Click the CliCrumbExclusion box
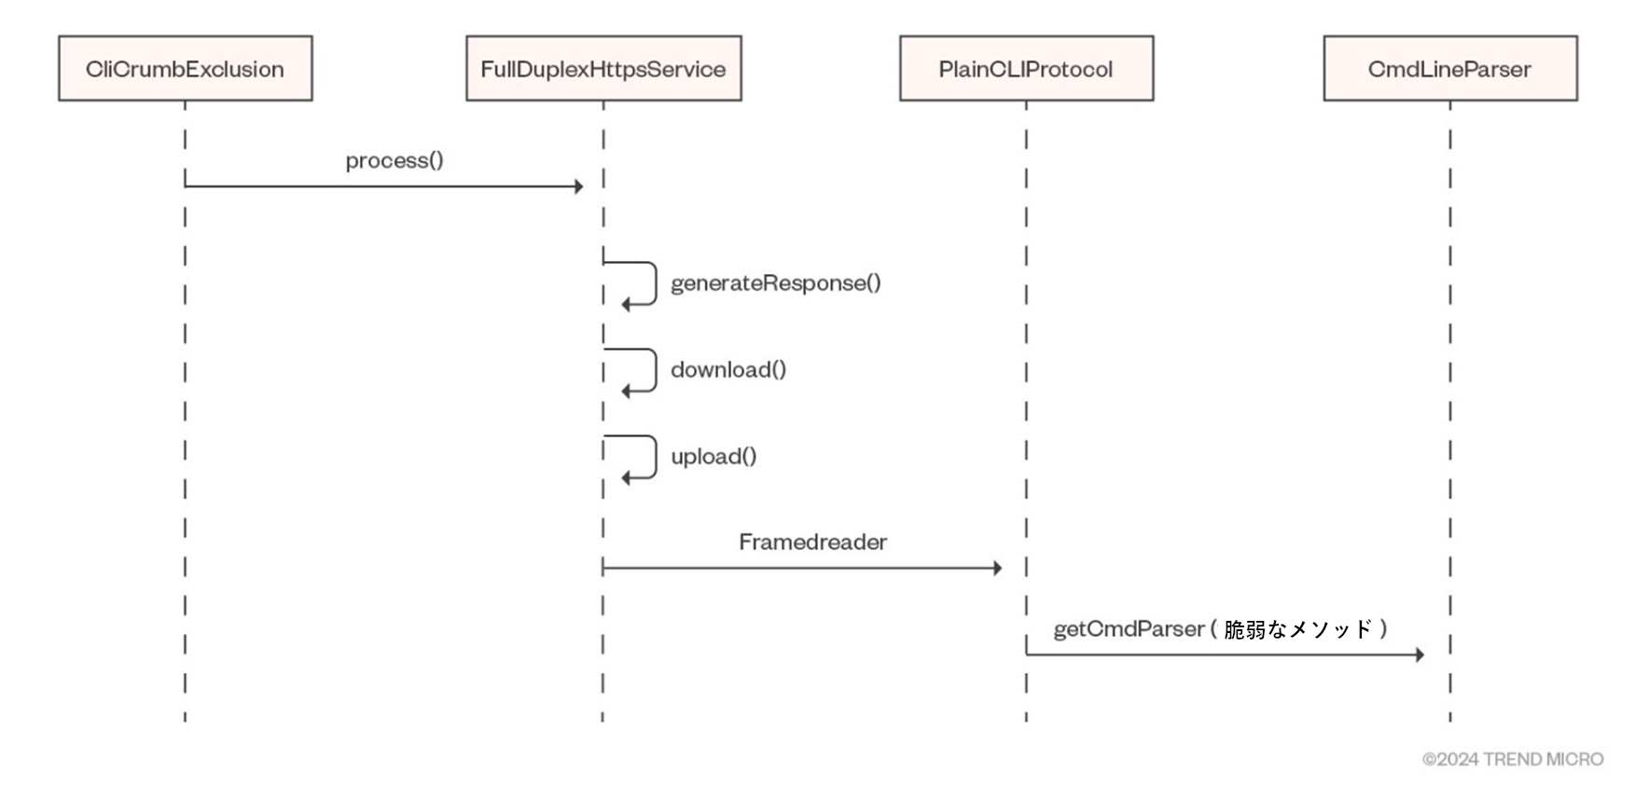click(x=186, y=68)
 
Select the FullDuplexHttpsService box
click(x=603, y=68)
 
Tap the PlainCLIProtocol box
click(x=1026, y=68)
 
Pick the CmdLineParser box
click(x=1450, y=68)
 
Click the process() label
click(x=395, y=160)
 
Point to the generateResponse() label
click(x=776, y=282)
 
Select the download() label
click(x=728, y=369)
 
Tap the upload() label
click(x=714, y=456)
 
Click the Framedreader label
click(x=812, y=542)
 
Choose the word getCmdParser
click(x=1129, y=629)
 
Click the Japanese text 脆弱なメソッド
click(x=1298, y=629)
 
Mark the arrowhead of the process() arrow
click(x=578, y=186)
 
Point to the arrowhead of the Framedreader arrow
click(x=997, y=568)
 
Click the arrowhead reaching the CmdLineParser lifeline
click(x=1420, y=654)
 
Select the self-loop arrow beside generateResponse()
click(x=656, y=282)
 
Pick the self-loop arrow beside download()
click(x=656, y=370)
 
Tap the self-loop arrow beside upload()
click(x=656, y=457)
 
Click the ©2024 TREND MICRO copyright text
click(x=1513, y=759)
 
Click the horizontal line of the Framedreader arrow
click(x=802, y=568)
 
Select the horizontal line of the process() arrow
click(x=384, y=186)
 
